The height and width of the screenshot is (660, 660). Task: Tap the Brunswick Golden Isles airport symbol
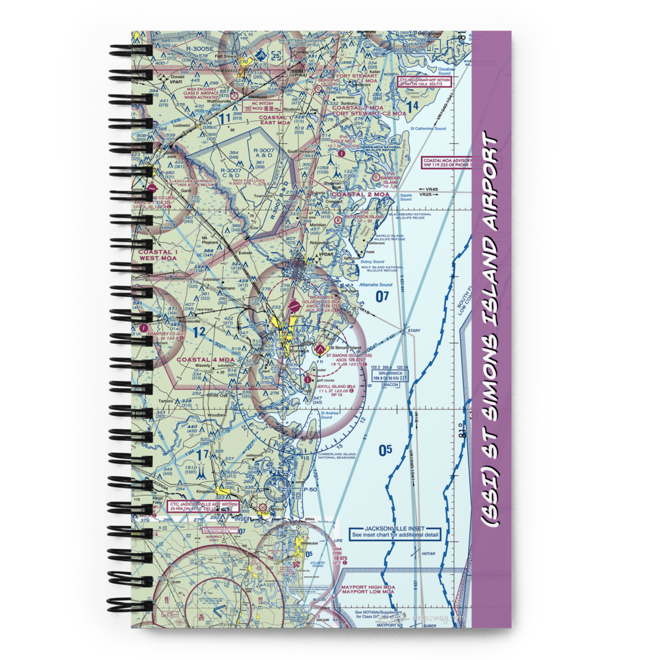[x=294, y=306]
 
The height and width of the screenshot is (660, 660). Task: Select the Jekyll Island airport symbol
[x=308, y=378]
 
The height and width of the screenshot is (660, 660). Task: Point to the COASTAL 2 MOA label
[x=360, y=195]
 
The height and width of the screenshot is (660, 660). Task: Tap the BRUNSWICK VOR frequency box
[x=390, y=377]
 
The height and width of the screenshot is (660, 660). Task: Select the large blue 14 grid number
[x=412, y=106]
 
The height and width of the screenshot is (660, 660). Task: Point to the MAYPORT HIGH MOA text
[x=368, y=586]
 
